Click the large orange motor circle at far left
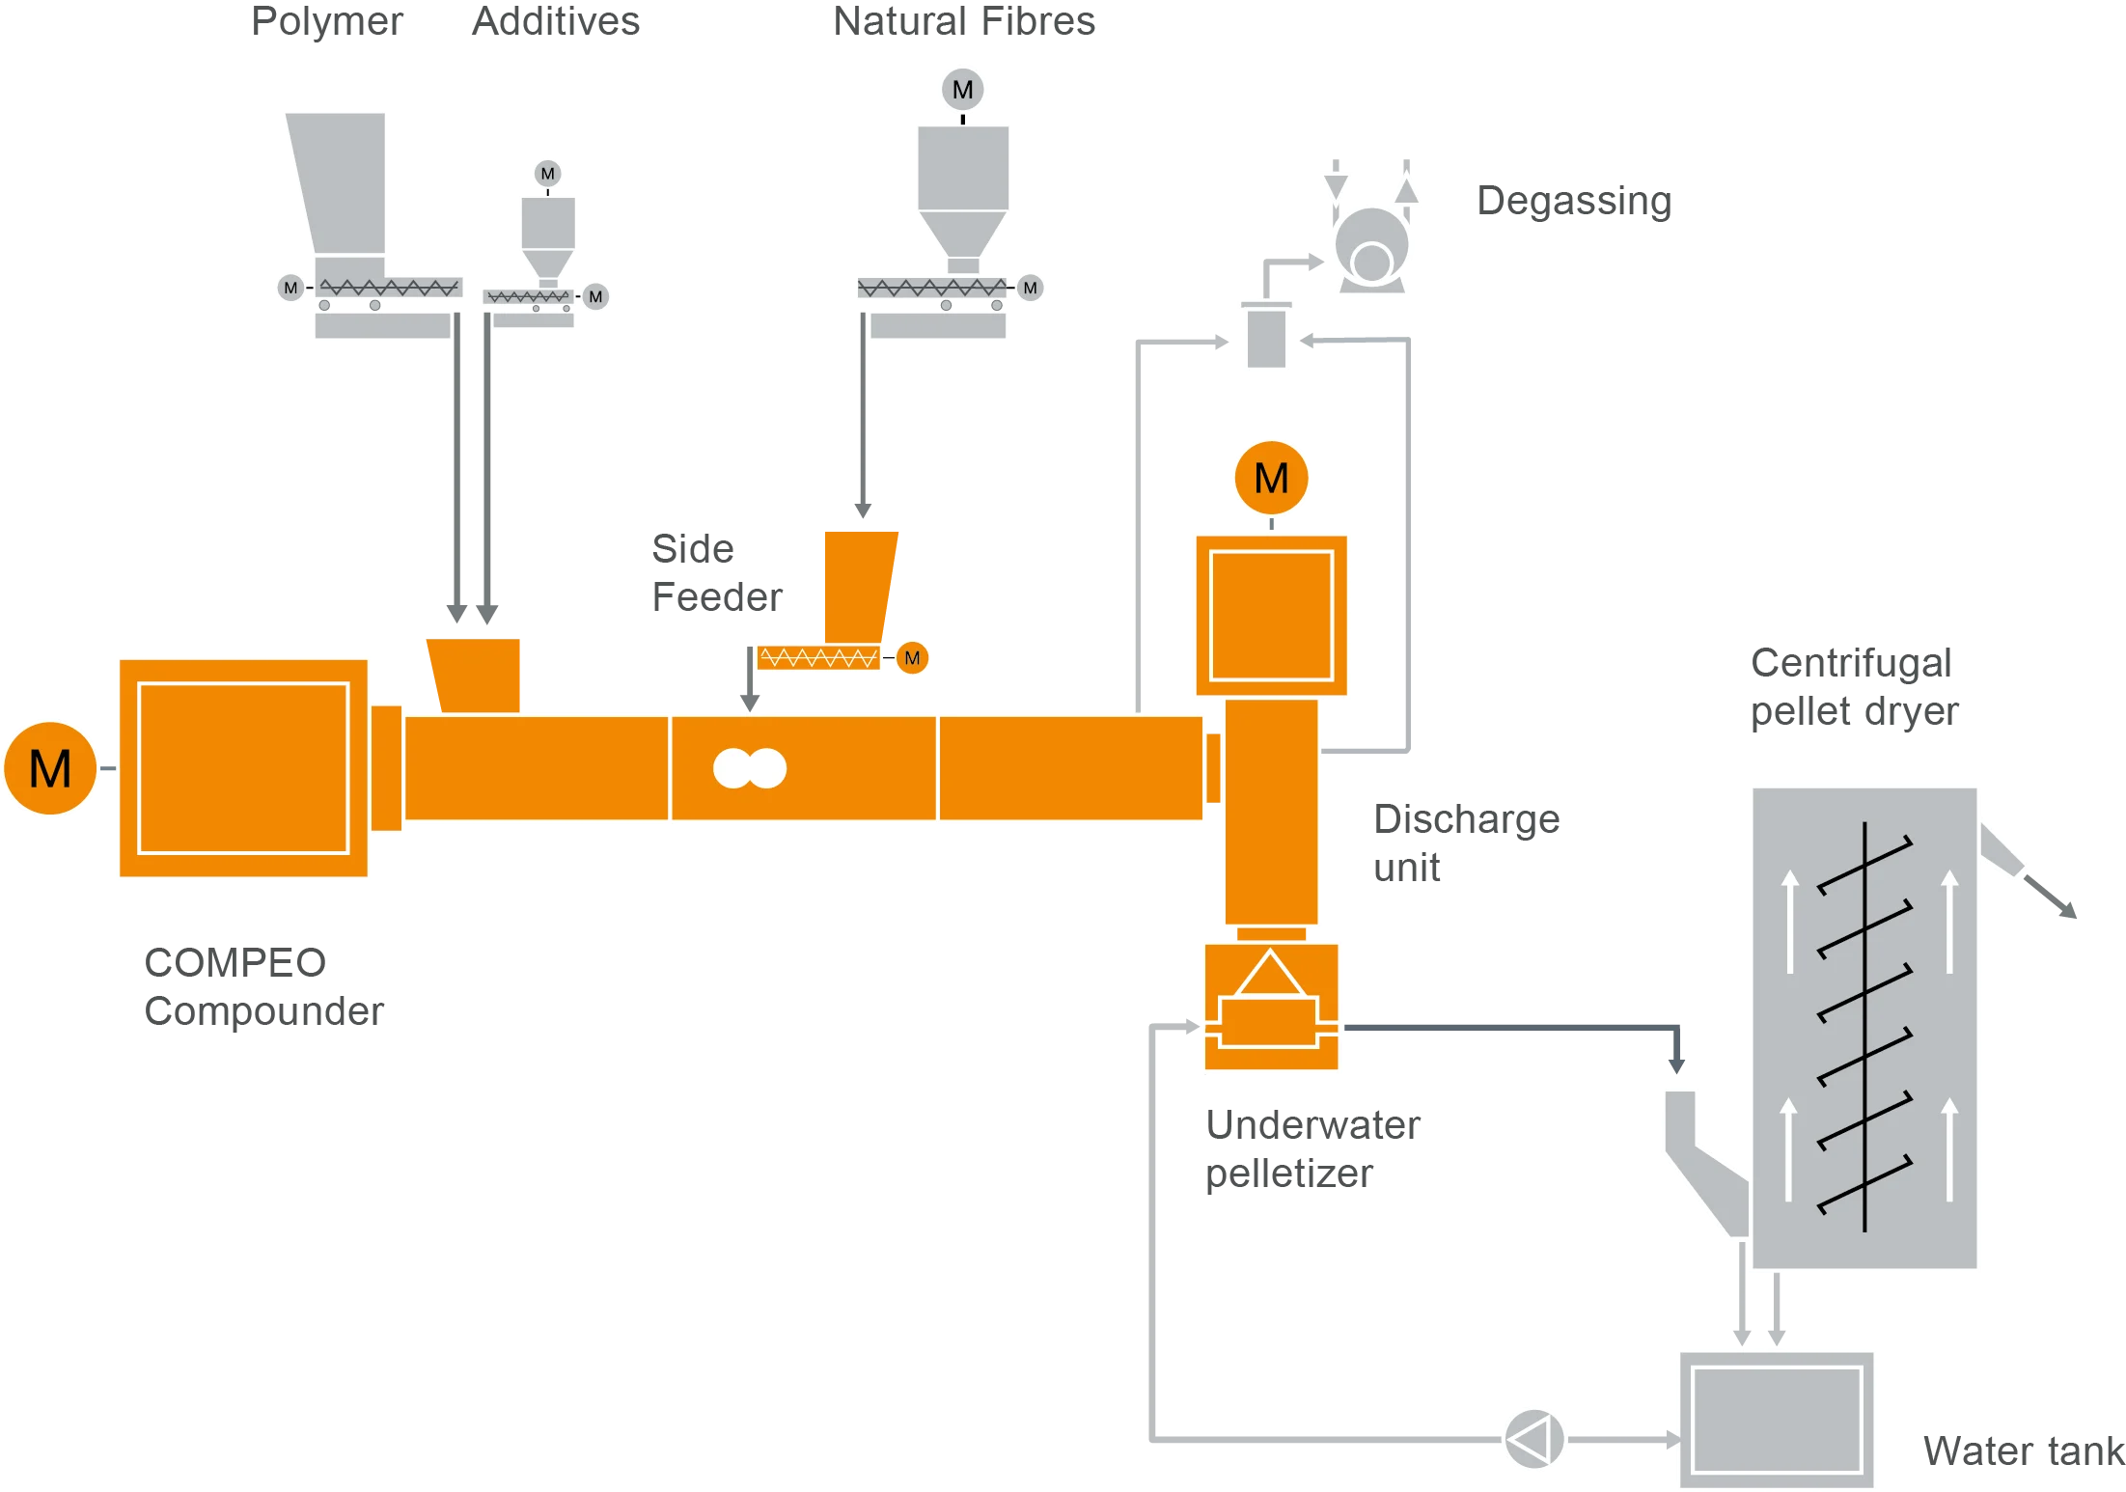[x=50, y=768]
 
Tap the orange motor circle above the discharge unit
[x=1271, y=478]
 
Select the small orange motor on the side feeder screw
[x=912, y=658]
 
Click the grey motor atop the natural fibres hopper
[x=962, y=90]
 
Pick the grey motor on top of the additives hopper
[x=548, y=174]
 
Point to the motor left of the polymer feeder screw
[x=290, y=288]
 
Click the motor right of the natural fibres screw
[x=1030, y=288]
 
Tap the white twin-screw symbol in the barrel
[x=750, y=768]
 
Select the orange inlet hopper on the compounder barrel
[x=475, y=674]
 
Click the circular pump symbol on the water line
[x=1533, y=1440]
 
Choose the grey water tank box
[x=1777, y=1420]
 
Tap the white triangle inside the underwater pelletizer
[x=1270, y=974]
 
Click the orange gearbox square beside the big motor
[x=243, y=768]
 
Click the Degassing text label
[x=1574, y=202]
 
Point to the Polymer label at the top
[x=327, y=22]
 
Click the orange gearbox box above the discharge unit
[x=1271, y=615]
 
